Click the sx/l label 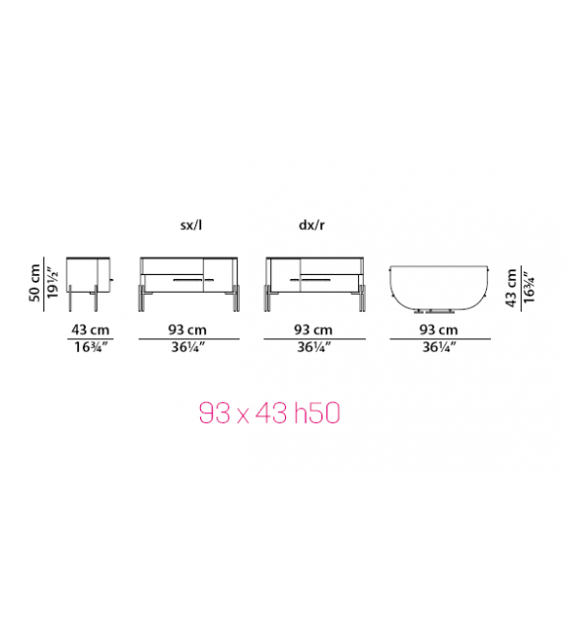pyautogui.click(x=191, y=225)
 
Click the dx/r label pyautogui.click(x=312, y=225)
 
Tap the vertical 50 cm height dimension pyautogui.click(x=35, y=283)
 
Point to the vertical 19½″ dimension pyautogui.click(x=52, y=283)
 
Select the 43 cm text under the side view pyautogui.click(x=91, y=330)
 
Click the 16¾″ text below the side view pyautogui.click(x=91, y=347)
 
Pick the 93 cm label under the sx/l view pyautogui.click(x=187, y=330)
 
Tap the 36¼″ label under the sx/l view pyautogui.click(x=188, y=347)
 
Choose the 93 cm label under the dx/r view pyautogui.click(x=314, y=330)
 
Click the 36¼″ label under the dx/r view pyautogui.click(x=315, y=347)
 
